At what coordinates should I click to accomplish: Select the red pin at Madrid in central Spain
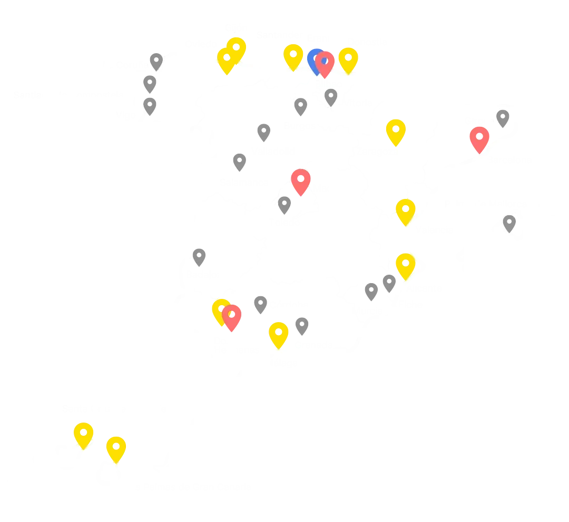pos(301,180)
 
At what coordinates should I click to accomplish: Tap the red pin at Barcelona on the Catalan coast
pos(479,138)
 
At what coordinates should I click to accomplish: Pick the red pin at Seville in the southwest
pos(231,316)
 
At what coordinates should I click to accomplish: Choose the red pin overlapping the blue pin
pos(325,63)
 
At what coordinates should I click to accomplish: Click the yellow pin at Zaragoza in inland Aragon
pos(395,130)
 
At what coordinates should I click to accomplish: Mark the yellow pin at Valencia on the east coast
pos(406,210)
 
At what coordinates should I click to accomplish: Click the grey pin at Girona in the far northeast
pos(503,118)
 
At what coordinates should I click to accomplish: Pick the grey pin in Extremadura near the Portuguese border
pos(199,258)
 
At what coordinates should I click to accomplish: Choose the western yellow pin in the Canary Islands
pos(83,433)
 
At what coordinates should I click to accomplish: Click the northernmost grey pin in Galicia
pos(155,60)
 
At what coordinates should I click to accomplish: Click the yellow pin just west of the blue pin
pos(293,56)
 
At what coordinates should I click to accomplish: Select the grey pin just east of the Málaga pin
pos(303,325)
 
